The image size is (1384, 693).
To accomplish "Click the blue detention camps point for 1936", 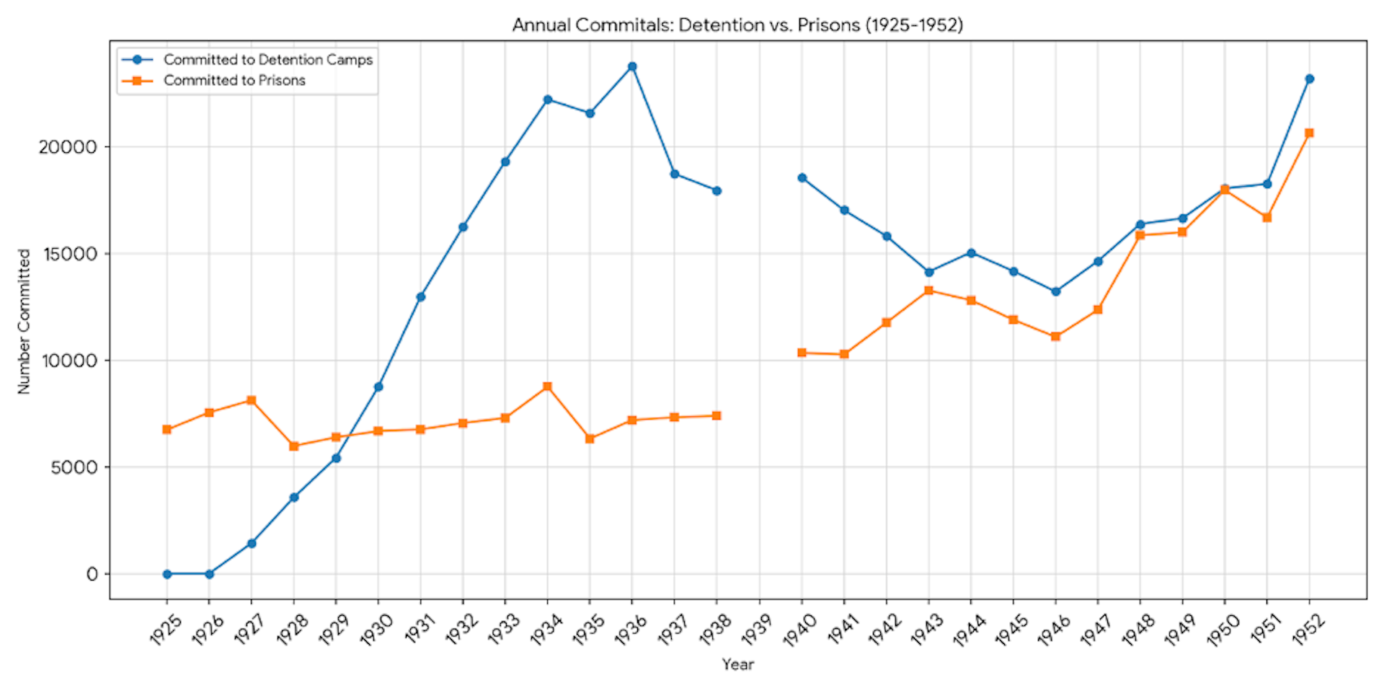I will [x=632, y=66].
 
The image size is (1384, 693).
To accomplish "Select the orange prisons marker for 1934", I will [x=548, y=387].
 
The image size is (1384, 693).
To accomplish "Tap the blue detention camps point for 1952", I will [x=1310, y=79].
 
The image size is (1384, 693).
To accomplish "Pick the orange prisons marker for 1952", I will [x=1310, y=133].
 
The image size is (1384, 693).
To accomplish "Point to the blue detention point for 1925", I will [x=167, y=574].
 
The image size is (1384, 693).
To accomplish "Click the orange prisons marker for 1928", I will [x=294, y=446].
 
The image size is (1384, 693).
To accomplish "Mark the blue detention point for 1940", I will [x=802, y=177].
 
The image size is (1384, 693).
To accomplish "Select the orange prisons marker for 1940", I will [x=802, y=353].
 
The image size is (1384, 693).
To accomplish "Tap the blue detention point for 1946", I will [x=1056, y=291].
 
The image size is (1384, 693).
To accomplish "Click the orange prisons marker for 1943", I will [x=929, y=291].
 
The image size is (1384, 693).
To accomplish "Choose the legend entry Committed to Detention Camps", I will [x=267, y=60].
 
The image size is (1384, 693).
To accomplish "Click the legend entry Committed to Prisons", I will [x=234, y=81].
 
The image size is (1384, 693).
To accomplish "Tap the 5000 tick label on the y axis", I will [x=74, y=467].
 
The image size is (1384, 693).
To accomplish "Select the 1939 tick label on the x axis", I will [x=757, y=629].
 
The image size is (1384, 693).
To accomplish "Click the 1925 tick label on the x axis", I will [x=166, y=629].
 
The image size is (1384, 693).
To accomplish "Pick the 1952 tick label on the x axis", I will [x=1308, y=629].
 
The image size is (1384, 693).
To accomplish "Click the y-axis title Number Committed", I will [x=25, y=321].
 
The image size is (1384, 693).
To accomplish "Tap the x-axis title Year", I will [x=738, y=664].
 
